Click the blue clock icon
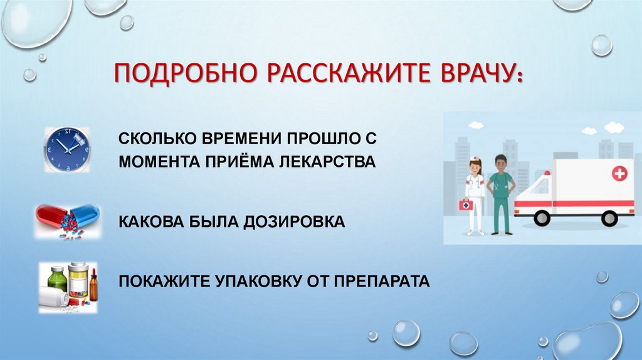66,150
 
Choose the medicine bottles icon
68,287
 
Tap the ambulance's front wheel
542,218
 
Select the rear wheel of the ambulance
609,218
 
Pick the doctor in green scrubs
501,193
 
